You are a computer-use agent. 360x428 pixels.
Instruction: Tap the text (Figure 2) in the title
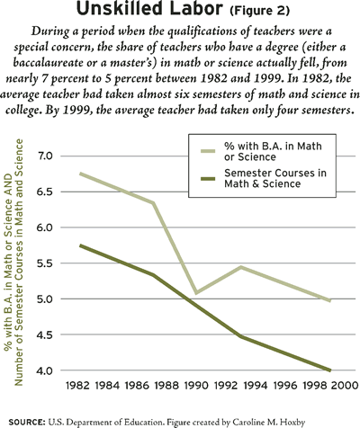click(x=260, y=11)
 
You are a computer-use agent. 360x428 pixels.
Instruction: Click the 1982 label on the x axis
click(x=77, y=386)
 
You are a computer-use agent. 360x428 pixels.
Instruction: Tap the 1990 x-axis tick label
click(x=196, y=386)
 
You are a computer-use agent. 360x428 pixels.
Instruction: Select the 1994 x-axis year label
click(x=256, y=386)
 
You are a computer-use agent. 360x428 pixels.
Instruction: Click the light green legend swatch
click(x=208, y=151)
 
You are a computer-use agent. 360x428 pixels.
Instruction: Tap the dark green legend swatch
click(x=208, y=179)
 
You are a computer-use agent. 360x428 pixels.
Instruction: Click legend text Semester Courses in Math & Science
click(x=275, y=178)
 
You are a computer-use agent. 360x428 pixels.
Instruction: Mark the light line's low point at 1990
click(x=196, y=292)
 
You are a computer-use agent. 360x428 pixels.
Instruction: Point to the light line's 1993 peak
click(x=241, y=267)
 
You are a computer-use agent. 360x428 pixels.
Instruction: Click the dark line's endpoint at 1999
click(x=330, y=370)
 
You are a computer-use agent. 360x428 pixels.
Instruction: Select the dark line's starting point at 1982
click(x=80, y=245)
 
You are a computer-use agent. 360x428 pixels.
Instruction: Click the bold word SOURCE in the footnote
click(x=27, y=423)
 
